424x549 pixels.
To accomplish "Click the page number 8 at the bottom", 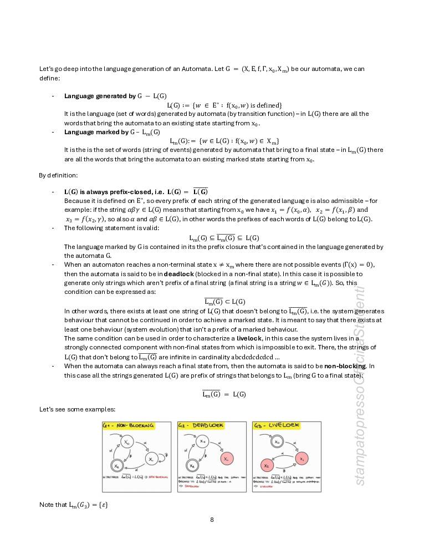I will coord(212,520).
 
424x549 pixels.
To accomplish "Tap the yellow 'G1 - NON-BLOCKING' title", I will coord(129,425).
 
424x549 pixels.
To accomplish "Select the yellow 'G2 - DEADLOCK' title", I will coord(201,425).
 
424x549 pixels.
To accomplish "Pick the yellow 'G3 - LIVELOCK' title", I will coord(277,425).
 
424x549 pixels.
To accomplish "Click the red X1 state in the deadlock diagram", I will coord(225,459).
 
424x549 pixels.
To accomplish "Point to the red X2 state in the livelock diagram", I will coord(267,465).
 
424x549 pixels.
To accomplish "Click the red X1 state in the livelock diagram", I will coord(300,459).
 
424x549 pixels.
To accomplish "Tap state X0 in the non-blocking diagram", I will coord(127,441).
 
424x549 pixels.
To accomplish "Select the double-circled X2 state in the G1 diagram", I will coord(118,465).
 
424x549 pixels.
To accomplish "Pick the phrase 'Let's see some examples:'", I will coord(77,409).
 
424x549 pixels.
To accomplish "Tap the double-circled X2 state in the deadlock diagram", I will coord(191,465).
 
